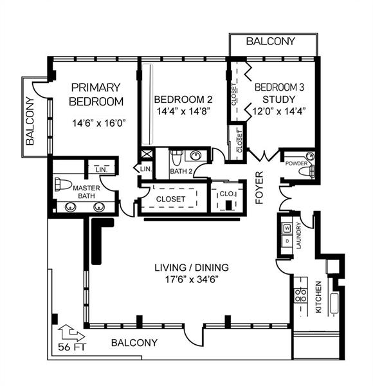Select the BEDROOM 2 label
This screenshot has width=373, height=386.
click(x=183, y=100)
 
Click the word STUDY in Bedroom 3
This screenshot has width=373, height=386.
click(x=278, y=100)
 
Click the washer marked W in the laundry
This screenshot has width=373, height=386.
click(x=287, y=228)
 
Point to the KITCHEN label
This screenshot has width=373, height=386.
click(x=318, y=297)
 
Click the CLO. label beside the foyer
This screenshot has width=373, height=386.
click(x=227, y=193)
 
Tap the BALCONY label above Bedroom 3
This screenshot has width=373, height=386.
click(x=271, y=41)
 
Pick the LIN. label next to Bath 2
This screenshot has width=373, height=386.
click(x=145, y=169)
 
